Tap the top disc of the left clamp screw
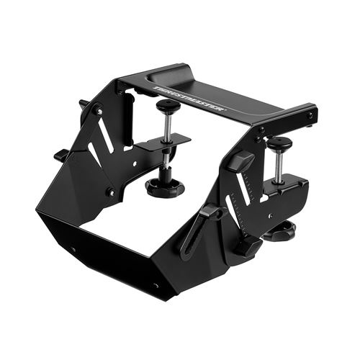pos(168,106)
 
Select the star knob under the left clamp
pos(165,188)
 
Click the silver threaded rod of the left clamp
pos(167,125)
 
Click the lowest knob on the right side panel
pos(246,246)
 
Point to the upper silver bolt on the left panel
pos(99,112)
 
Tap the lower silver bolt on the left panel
pos(110,192)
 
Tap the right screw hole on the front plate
pos(156,285)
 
